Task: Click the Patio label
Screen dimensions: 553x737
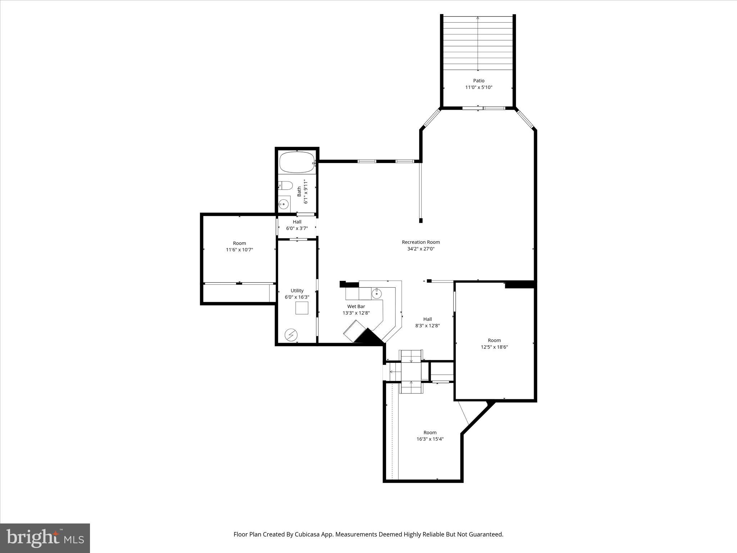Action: (479, 81)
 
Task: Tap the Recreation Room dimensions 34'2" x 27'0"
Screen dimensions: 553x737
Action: (421, 249)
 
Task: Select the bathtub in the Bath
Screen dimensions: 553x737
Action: (297, 162)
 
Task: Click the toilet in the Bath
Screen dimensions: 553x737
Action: (286, 185)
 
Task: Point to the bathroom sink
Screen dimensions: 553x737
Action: (284, 204)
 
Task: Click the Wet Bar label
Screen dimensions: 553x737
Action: (356, 306)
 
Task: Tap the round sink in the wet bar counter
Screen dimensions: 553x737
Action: (376, 293)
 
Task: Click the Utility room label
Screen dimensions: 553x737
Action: (297, 291)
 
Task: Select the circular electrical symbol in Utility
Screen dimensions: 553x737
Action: (291, 335)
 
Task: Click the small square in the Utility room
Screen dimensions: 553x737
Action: (302, 308)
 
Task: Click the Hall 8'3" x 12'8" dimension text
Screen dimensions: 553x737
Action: (428, 326)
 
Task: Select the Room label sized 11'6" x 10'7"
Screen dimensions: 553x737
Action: (239, 243)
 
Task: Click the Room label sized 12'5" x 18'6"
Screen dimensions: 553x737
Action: (494, 340)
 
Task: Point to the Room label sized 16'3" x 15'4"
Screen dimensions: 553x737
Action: (430, 432)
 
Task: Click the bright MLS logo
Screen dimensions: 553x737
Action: (45, 538)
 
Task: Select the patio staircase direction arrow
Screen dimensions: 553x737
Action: (478, 43)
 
